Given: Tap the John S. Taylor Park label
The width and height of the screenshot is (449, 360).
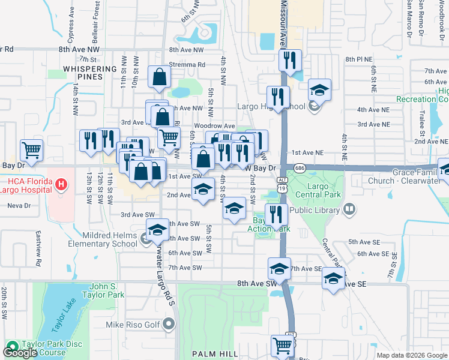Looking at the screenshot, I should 107,290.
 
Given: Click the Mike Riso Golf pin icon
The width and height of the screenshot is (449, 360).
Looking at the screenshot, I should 169,325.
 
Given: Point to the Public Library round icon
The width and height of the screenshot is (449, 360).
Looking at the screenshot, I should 349,209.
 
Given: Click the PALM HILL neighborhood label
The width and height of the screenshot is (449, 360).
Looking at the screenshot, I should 214,354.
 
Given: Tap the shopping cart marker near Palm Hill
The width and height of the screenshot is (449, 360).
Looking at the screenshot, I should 282,345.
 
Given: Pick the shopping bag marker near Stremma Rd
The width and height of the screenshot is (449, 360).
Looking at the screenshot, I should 159,77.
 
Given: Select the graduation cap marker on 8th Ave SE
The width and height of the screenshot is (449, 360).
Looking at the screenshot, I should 333,278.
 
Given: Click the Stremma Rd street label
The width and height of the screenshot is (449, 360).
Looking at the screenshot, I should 187,64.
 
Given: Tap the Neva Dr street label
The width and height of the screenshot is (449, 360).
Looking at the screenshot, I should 19,205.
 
